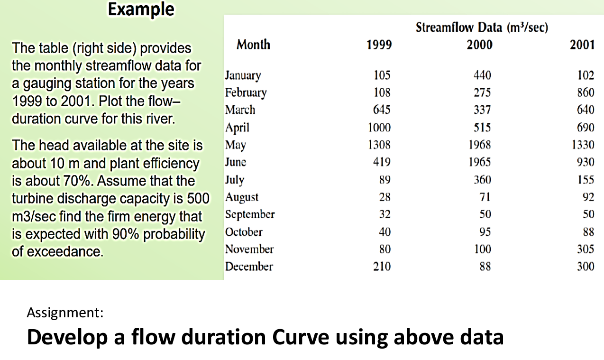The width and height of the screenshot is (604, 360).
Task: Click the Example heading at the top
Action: tap(141, 9)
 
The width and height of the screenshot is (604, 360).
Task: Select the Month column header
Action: tap(253, 45)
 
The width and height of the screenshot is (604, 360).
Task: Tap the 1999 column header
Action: tap(379, 45)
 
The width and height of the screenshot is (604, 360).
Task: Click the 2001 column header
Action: tap(582, 45)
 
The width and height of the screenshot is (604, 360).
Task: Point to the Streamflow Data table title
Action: tap(482, 28)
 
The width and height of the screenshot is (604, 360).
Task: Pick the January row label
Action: tap(243, 75)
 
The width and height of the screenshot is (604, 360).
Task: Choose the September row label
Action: tap(250, 214)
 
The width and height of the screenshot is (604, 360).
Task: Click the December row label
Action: tap(249, 267)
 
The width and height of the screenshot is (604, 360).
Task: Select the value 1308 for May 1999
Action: tap(379, 145)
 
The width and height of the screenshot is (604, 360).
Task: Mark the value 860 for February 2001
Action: tap(585, 92)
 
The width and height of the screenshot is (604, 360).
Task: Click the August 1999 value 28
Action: tap(384, 197)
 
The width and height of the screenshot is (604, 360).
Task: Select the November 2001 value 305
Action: tap(585, 249)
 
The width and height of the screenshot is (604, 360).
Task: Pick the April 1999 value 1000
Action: tap(379, 128)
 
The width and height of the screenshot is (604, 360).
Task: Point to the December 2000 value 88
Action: tap(485, 267)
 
